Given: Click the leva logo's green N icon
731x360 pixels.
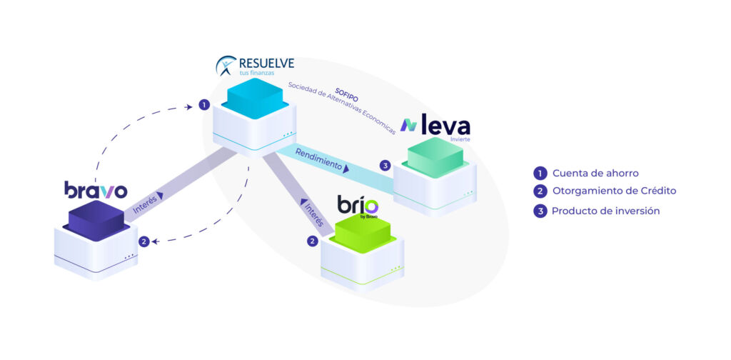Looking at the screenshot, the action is (409, 125).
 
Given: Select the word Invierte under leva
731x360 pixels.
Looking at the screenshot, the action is (460, 139).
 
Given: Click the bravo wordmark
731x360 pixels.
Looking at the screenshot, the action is (96, 190).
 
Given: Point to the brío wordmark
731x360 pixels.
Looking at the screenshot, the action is (358, 204).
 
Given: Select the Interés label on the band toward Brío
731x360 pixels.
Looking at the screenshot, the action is (313, 214).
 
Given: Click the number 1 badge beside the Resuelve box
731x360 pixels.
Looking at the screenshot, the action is (203, 105).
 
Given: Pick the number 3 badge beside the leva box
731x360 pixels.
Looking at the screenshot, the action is (385, 165).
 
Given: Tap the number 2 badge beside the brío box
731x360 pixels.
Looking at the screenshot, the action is (313, 241).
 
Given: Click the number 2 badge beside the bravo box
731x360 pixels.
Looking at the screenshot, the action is (144, 241).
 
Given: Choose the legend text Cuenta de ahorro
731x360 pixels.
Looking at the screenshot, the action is (595, 174).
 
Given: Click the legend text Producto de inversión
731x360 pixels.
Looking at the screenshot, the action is (605, 211).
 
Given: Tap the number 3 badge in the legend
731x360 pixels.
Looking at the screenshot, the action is (540, 211).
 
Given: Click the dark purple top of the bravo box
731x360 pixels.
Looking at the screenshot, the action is (96, 219).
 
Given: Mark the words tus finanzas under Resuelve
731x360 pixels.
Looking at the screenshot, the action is (253, 73).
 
